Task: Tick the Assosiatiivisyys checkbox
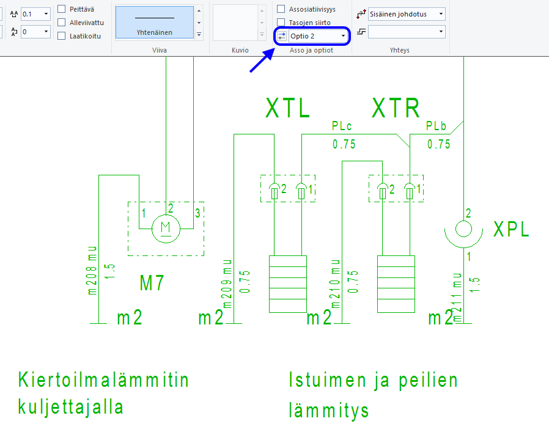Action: click(x=281, y=9)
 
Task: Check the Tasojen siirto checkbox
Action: click(x=281, y=23)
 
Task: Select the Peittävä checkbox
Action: click(x=62, y=9)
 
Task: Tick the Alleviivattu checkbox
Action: click(x=62, y=23)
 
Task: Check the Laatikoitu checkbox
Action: click(x=62, y=36)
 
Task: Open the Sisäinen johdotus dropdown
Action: click(x=407, y=13)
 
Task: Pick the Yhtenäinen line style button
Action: click(x=154, y=20)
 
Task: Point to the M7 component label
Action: click(x=152, y=283)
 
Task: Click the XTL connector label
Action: click(x=288, y=109)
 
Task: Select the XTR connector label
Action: click(x=396, y=109)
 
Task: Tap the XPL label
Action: click(x=511, y=229)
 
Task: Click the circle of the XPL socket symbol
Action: click(x=463, y=229)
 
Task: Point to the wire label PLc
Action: click(x=342, y=126)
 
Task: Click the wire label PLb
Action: click(x=437, y=126)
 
